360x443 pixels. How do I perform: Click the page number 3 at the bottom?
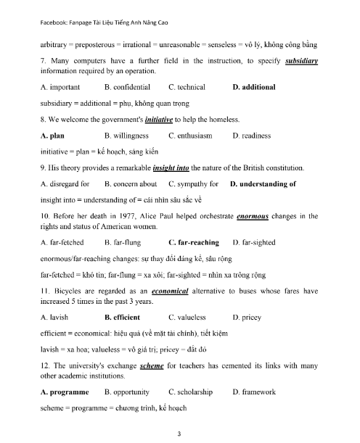[x=179, y=433]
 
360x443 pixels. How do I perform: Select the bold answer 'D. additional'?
[x=254, y=87]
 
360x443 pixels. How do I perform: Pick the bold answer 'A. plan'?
[x=54, y=136]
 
